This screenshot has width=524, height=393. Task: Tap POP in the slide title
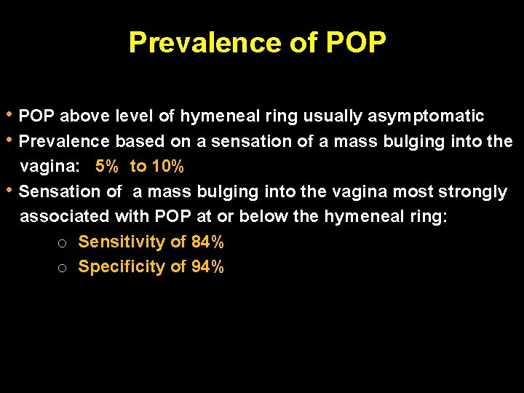[355, 42]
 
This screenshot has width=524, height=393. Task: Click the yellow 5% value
[107, 167]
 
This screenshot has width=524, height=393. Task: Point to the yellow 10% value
[167, 167]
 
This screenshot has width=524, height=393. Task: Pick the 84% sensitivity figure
[207, 242]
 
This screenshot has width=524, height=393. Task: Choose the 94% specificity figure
[207, 267]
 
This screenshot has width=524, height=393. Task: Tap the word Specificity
[122, 267]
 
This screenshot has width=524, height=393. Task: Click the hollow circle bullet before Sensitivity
[63, 243]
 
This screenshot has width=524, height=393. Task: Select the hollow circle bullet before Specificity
[63, 269]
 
